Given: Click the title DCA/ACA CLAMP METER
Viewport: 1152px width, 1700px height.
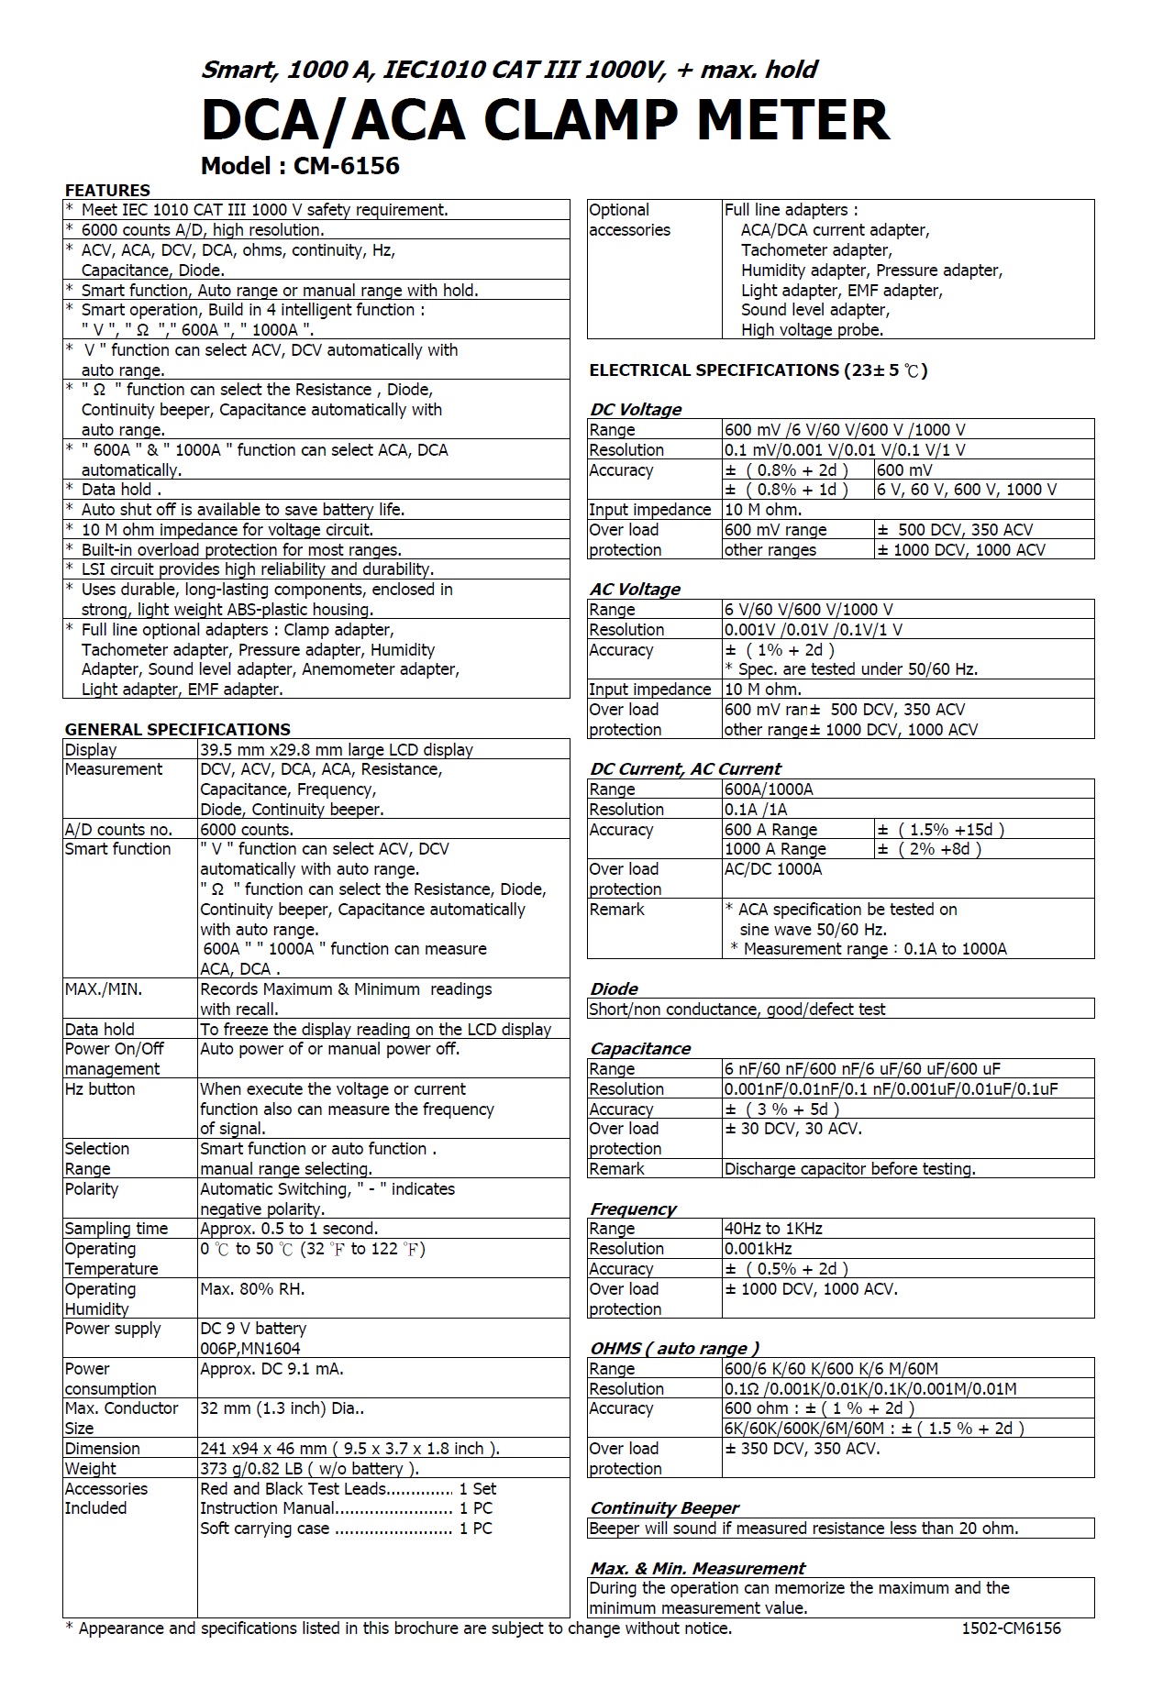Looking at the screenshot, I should coord(545,120).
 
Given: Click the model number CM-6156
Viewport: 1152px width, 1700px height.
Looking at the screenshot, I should coord(346,166).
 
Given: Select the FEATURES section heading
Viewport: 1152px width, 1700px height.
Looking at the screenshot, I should coord(107,191).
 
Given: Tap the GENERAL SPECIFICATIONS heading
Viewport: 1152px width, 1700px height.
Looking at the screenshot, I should coord(177,730).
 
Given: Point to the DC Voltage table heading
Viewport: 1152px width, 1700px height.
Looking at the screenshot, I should coord(636,410).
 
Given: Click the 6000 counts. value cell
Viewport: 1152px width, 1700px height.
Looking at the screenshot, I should coord(247,830).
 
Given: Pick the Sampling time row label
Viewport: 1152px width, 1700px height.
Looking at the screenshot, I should coord(116,1229).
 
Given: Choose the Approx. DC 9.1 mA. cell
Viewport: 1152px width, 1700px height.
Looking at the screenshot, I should coord(271,1369).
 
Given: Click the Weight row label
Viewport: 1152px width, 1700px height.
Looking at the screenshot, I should coord(91,1469).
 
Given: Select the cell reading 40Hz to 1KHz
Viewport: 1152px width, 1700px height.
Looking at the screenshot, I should coord(773,1229).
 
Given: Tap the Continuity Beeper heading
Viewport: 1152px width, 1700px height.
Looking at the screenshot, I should coord(664,1508).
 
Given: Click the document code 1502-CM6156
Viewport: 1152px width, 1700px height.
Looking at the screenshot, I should coord(1011,1628).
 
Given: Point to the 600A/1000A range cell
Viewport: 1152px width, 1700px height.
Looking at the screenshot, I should coord(769,789).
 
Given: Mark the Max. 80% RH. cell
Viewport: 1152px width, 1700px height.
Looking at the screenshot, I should coord(252,1289).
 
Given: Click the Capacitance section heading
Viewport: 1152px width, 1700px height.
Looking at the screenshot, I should coord(640,1049).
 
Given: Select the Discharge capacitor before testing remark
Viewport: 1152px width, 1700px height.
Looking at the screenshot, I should coord(849,1169).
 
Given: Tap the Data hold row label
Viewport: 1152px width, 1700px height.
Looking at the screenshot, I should coord(99,1030).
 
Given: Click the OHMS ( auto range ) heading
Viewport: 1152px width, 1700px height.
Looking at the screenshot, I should coord(674,1349).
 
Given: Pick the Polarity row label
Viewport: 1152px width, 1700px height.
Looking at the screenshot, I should coord(92,1189).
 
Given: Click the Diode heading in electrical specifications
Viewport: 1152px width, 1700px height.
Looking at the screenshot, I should coord(614,989).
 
